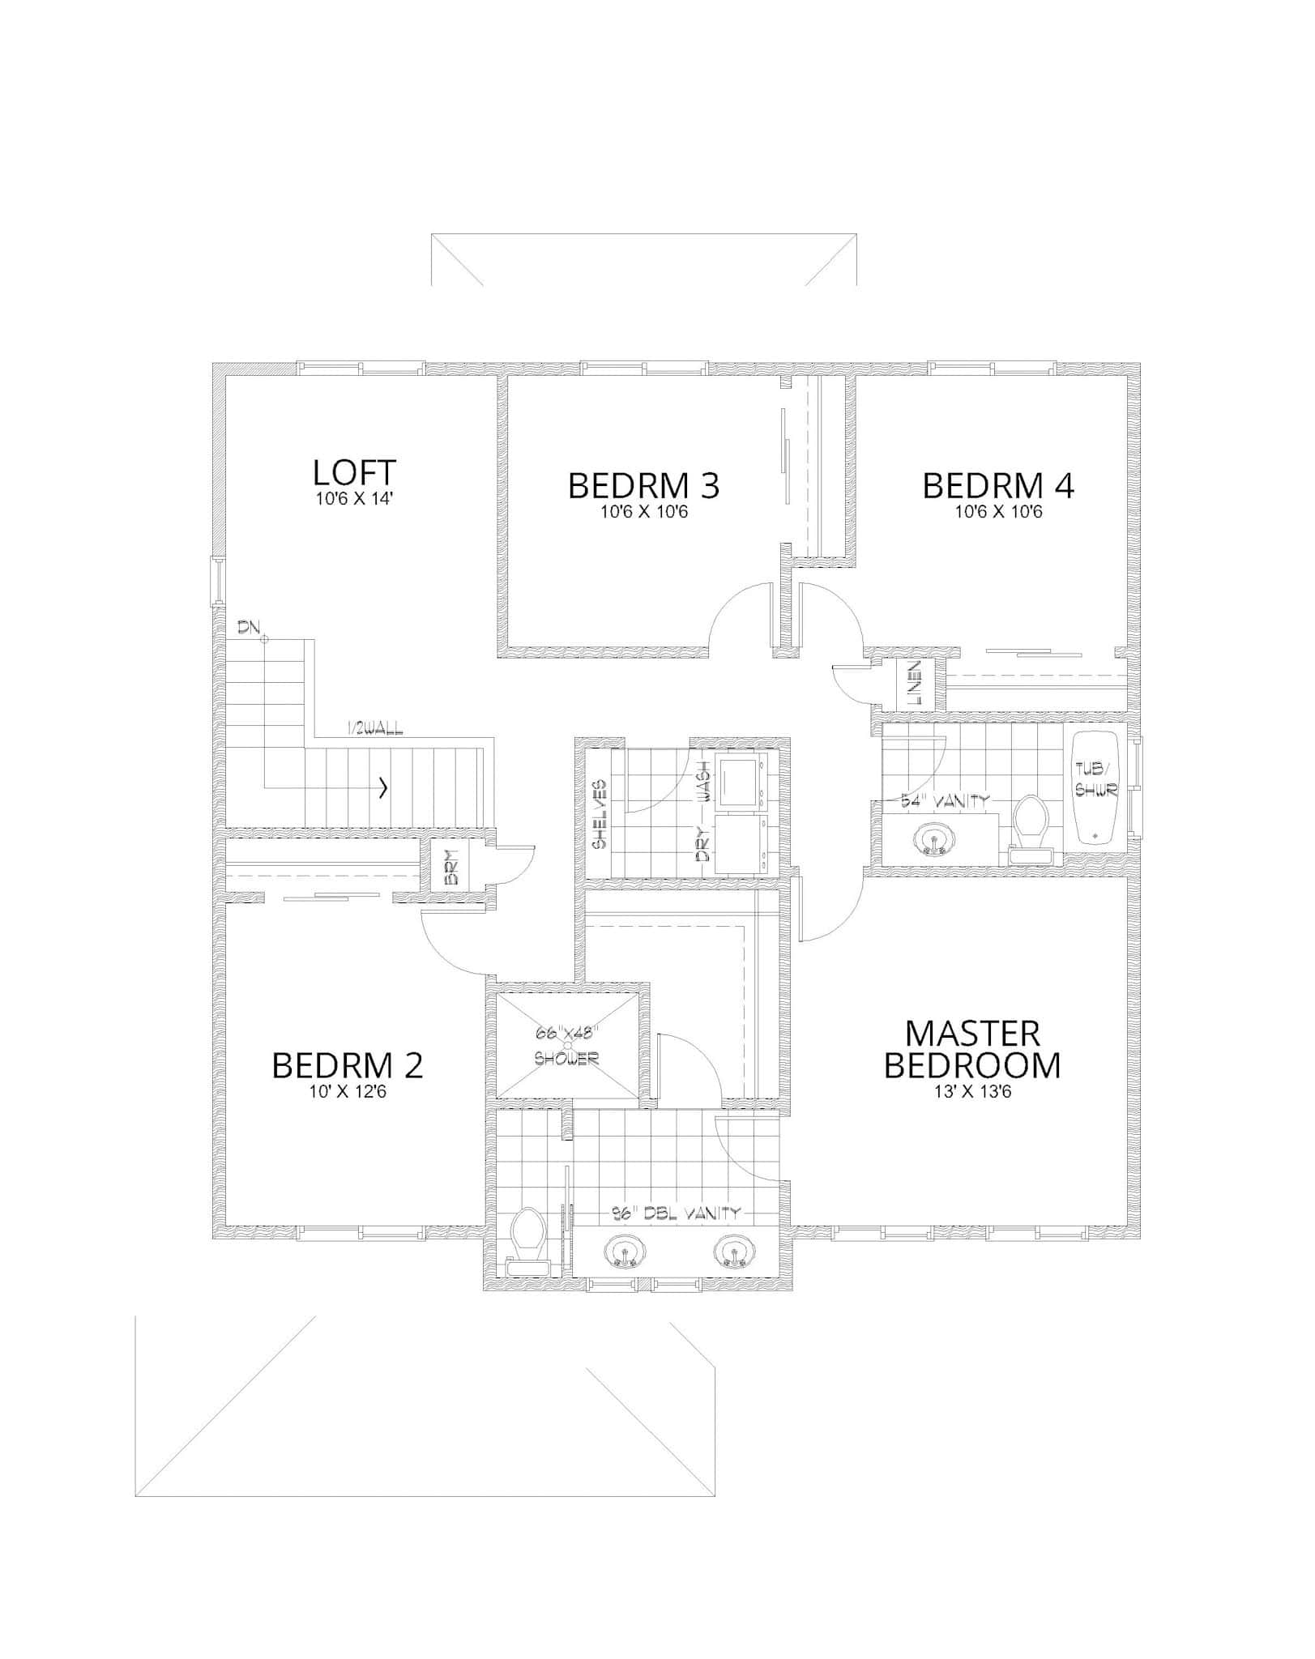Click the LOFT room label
pos(354,471)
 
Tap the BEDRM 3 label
pos(643,486)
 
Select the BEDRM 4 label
pos(998,486)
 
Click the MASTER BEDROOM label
pos(972,1050)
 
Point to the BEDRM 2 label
pos(348,1066)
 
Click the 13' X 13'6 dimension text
pos(972,1092)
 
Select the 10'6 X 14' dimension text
pos(354,499)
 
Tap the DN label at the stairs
pos(249,627)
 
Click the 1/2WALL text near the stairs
pos(374,730)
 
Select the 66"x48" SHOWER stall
pos(566,1046)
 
